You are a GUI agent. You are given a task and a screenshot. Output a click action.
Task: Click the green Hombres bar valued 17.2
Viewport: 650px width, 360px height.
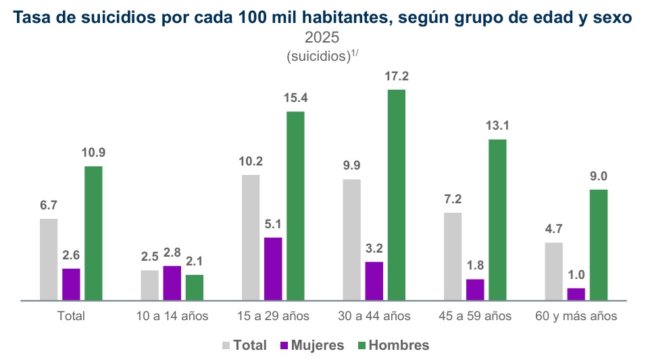click(x=397, y=195)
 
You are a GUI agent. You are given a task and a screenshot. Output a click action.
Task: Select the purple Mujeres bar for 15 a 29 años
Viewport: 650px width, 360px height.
click(x=273, y=269)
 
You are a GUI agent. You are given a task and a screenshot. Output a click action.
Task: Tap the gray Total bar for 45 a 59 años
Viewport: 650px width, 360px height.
click(x=453, y=257)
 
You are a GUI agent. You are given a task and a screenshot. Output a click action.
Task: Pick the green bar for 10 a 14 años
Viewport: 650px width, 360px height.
click(x=195, y=288)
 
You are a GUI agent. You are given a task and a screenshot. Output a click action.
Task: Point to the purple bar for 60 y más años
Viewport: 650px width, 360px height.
click(x=576, y=294)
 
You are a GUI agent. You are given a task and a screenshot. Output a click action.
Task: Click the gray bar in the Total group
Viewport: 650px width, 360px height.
click(x=49, y=259)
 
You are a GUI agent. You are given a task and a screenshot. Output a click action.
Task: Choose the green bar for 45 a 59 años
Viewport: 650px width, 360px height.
click(x=497, y=220)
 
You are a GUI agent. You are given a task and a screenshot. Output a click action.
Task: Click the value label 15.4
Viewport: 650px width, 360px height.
click(x=295, y=98)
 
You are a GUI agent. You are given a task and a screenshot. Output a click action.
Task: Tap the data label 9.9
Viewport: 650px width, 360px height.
click(x=351, y=165)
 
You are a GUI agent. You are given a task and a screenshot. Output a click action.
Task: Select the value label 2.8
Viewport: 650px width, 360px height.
click(x=172, y=253)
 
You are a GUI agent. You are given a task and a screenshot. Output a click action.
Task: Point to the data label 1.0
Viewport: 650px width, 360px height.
click(x=576, y=275)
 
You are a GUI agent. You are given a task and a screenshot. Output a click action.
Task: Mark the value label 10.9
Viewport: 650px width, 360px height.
click(x=93, y=153)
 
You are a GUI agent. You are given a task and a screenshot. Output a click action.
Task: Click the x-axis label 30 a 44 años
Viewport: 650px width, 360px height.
click(x=374, y=316)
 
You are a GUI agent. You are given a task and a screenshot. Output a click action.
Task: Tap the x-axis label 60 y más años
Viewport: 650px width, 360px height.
click(x=576, y=316)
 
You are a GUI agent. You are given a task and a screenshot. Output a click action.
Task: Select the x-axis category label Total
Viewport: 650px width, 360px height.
click(x=71, y=316)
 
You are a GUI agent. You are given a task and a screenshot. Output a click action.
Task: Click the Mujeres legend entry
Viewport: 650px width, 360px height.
click(x=313, y=345)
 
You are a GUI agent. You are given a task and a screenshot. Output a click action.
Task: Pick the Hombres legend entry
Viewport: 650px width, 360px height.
click(x=393, y=345)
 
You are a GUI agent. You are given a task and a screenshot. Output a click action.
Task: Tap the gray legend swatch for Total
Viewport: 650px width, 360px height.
click(x=226, y=346)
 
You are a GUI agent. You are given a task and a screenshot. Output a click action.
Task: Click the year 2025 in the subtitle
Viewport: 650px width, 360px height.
click(x=322, y=37)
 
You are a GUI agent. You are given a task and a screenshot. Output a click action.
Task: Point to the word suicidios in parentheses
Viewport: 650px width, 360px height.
click(x=319, y=56)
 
